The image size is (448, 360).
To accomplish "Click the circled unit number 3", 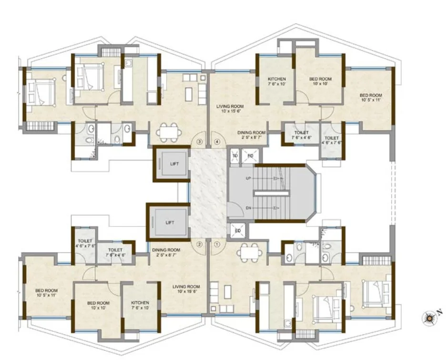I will click(200, 142).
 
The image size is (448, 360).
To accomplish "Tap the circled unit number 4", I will click(217, 142).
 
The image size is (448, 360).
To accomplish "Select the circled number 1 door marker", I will click(217, 245).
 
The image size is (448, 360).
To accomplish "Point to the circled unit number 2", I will click(200, 245).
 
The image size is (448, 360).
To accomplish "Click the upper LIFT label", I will click(174, 164).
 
